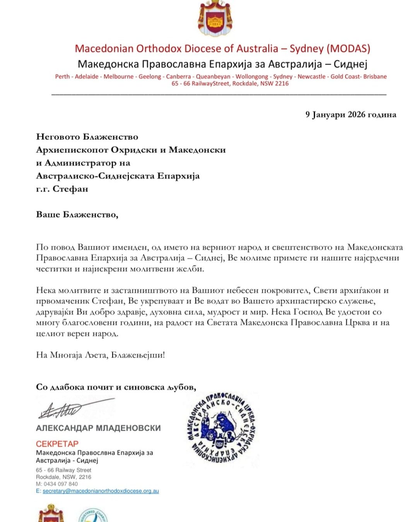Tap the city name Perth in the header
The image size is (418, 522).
(x=62, y=77)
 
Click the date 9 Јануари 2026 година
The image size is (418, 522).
(x=351, y=114)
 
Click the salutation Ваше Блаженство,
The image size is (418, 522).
(x=77, y=215)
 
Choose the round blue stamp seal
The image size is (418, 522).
(x=221, y=428)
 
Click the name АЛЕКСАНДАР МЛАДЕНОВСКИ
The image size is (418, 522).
(x=98, y=428)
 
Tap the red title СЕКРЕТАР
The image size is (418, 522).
(x=57, y=444)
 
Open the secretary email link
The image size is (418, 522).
(x=101, y=491)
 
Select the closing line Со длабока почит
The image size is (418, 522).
(x=116, y=387)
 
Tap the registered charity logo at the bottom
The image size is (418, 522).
(x=93, y=515)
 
